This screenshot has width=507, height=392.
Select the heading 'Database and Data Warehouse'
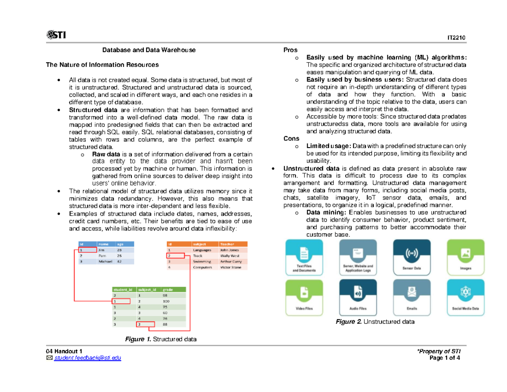[149, 50]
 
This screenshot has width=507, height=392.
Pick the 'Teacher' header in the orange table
[227, 244]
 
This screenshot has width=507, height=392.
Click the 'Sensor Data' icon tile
[411, 258]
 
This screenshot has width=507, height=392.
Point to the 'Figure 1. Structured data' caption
[161, 339]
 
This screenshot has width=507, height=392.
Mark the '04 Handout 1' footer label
[65, 351]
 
